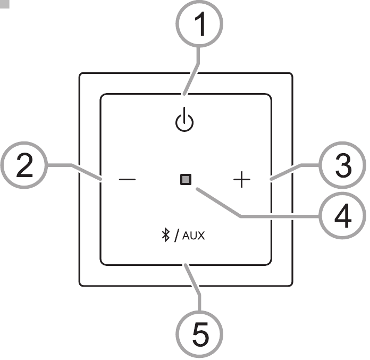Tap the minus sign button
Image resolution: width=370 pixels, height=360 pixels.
click(x=127, y=179)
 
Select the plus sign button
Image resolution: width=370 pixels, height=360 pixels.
click(x=242, y=180)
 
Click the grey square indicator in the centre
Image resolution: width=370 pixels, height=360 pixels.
click(x=186, y=179)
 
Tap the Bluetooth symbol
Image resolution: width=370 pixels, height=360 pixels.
click(x=166, y=235)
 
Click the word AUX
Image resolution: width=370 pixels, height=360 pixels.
click(x=194, y=236)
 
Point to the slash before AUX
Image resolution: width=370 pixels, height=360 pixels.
click(x=176, y=235)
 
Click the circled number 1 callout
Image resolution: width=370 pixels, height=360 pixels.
click(x=199, y=24)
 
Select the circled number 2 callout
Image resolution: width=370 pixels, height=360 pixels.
click(x=24, y=165)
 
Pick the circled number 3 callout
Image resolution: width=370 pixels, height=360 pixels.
click(x=343, y=165)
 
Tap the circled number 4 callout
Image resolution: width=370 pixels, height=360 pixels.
click(x=343, y=215)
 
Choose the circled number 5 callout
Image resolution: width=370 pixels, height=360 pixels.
click(x=199, y=334)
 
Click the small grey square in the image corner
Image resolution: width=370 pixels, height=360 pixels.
click(x=4, y=4)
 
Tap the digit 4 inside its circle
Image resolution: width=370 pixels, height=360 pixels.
click(x=343, y=216)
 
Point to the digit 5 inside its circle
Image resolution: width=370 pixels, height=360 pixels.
click(x=200, y=334)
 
